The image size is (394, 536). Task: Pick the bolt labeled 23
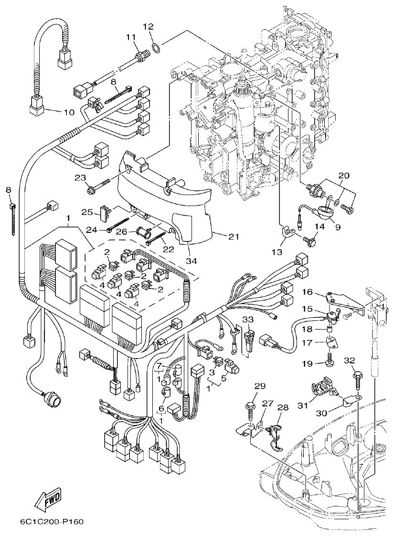point(98,187)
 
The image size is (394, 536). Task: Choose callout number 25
point(86,212)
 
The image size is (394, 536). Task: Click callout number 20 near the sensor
point(344,175)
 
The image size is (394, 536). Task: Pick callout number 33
point(247,319)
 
